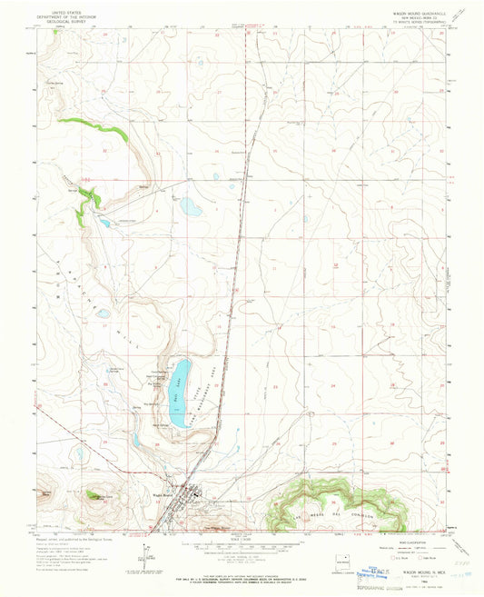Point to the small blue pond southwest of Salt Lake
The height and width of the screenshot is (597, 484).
click(137, 440)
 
